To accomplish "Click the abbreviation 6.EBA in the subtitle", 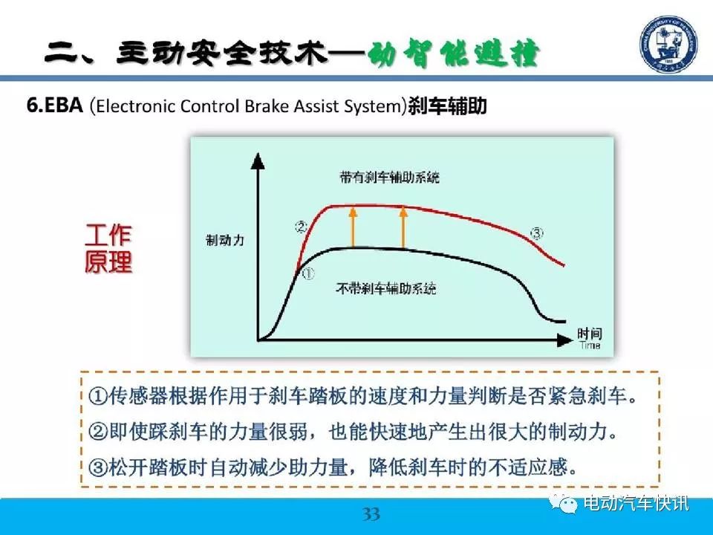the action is (x=54, y=106).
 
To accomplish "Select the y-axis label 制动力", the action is (x=225, y=240).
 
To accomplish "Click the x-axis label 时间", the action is (x=590, y=334).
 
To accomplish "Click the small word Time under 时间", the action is (x=590, y=346).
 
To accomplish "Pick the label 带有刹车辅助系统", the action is (x=389, y=177).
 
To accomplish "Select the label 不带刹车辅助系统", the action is (x=386, y=288).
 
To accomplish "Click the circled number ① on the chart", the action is (x=308, y=274).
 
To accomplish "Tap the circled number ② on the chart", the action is (x=301, y=226).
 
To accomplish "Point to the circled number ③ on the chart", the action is (x=536, y=233).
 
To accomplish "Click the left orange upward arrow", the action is (x=353, y=227).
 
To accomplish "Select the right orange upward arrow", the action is (x=403, y=227).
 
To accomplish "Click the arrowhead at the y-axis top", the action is (x=258, y=160).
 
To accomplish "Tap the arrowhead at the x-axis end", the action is (x=564, y=340).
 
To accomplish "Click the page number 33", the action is (x=371, y=514).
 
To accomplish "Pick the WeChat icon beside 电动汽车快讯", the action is (x=564, y=503).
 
